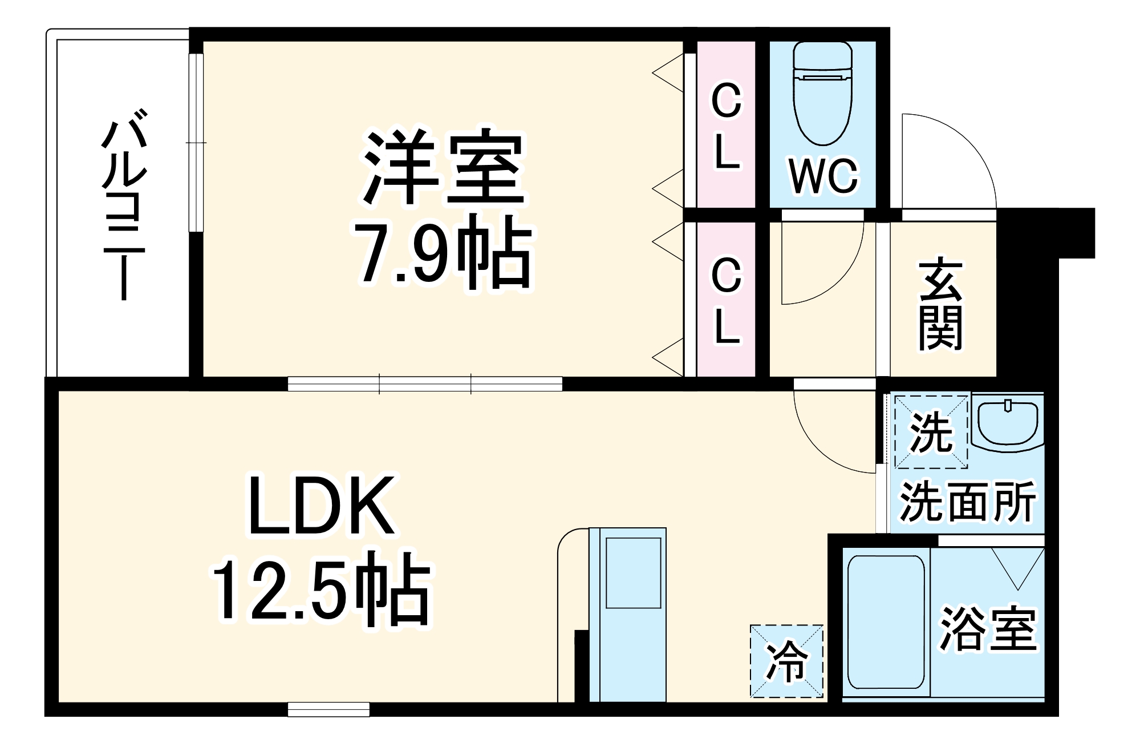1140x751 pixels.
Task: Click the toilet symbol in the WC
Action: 822,94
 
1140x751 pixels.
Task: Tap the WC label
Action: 823,176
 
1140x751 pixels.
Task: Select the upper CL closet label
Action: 726,127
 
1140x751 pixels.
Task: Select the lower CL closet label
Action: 726,301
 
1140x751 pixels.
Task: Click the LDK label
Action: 321,505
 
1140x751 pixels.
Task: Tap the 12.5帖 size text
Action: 321,589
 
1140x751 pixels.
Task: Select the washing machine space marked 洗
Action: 931,432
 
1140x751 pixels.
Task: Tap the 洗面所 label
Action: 967,502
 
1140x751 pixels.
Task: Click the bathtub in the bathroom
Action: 886,622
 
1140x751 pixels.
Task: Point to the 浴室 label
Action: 987,629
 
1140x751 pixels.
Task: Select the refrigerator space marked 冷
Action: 787,661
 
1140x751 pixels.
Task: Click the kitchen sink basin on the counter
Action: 633,572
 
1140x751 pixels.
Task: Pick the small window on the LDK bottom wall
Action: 328,709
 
